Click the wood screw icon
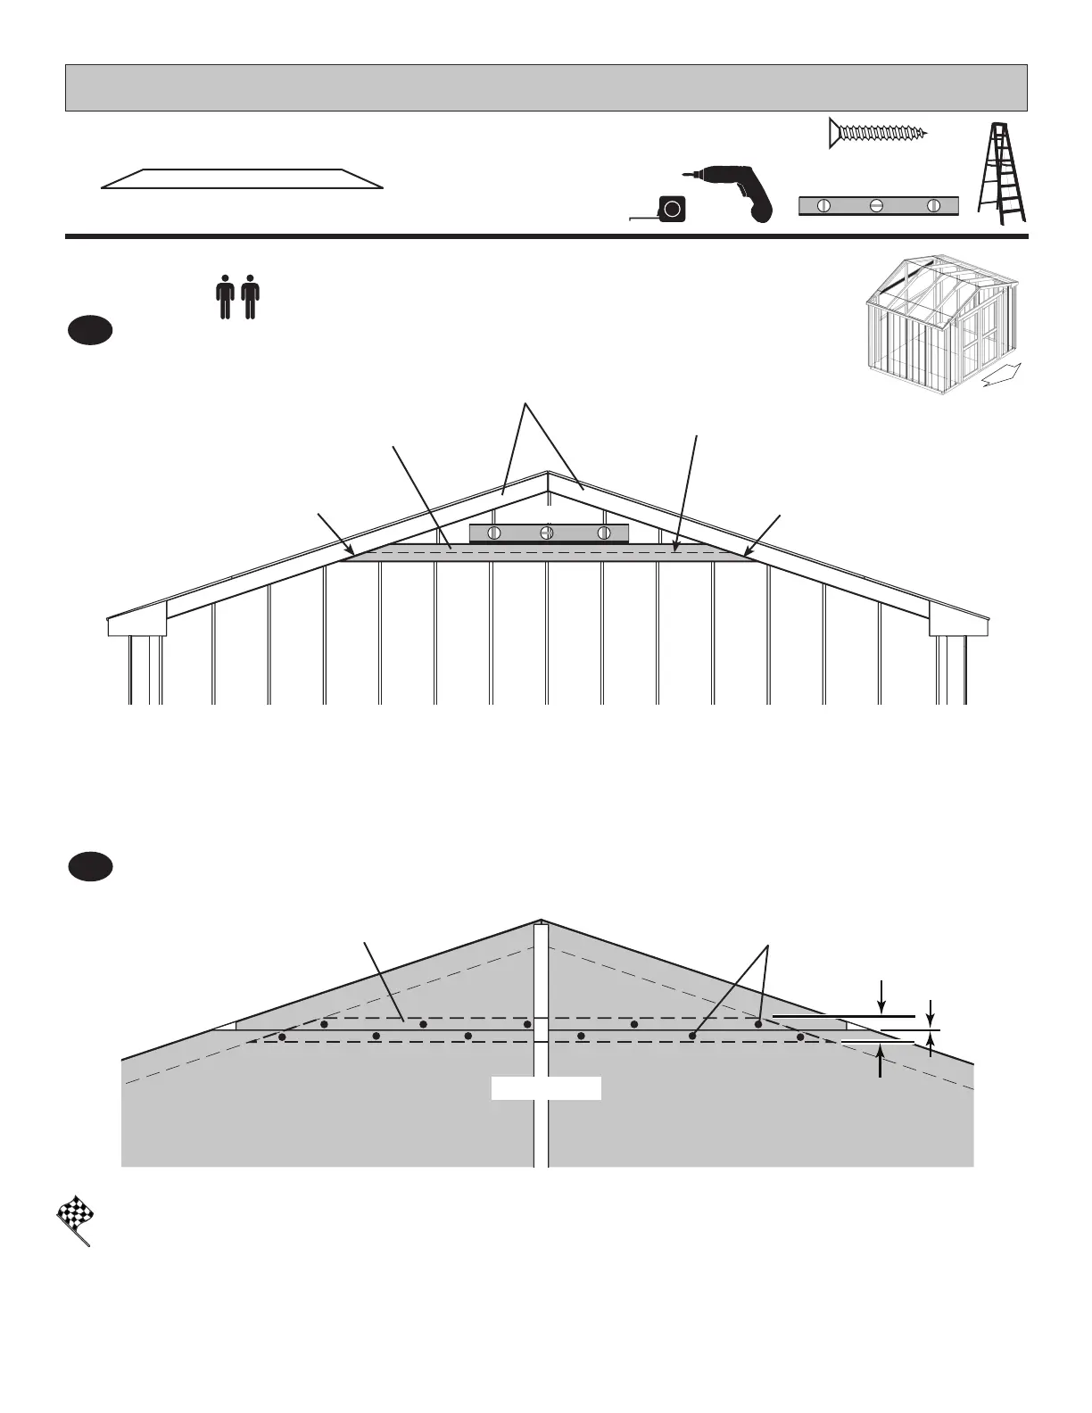coord(878,134)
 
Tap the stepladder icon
coord(1002,173)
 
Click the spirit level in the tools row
coord(878,206)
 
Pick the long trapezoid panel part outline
coord(242,178)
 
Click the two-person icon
coord(237,297)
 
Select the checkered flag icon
coord(75,1218)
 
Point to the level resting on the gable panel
coord(549,533)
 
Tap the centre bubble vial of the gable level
coord(548,533)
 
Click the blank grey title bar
coord(546,87)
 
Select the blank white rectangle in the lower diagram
coord(546,1088)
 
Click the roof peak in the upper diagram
coord(547,474)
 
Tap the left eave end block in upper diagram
coord(137,624)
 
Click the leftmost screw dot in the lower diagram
coord(282,1037)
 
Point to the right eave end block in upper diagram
coord(959,624)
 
